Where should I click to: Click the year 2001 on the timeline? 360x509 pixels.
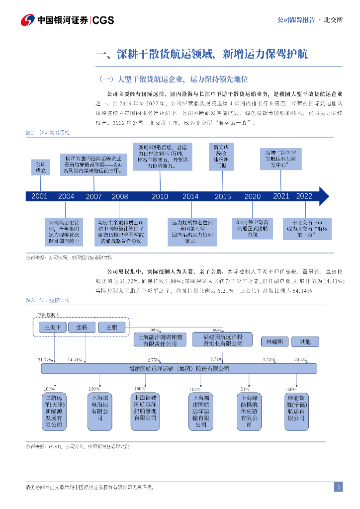(39, 196)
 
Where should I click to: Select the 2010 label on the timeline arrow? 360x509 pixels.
(160, 196)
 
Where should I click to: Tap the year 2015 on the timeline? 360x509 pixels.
(223, 196)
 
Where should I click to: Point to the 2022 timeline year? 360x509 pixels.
(304, 196)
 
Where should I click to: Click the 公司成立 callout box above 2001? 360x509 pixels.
(41, 167)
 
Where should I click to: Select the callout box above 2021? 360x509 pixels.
(281, 159)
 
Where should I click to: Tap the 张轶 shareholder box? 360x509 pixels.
(82, 327)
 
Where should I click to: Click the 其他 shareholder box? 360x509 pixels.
(305, 342)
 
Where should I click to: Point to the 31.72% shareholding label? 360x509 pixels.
(45, 359)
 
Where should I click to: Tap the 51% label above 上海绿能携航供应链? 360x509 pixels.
(245, 389)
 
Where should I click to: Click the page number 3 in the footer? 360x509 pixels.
(338, 487)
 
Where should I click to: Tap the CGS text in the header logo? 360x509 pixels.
(103, 20)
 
